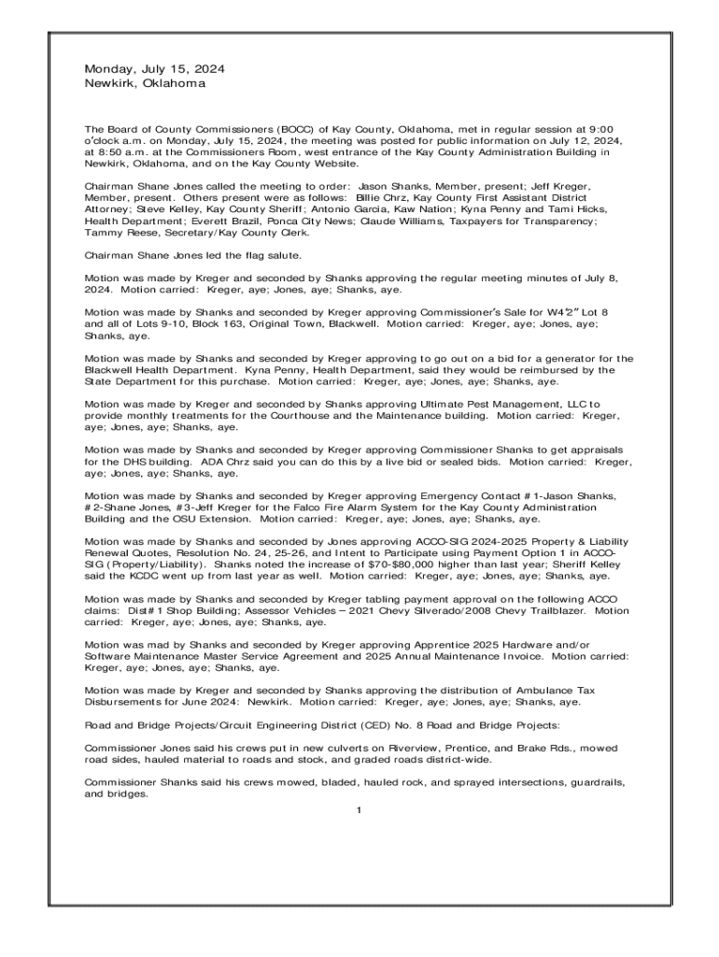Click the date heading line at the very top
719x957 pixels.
coord(154,69)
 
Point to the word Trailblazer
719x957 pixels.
coord(554,610)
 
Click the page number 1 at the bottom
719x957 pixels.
coord(359,809)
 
